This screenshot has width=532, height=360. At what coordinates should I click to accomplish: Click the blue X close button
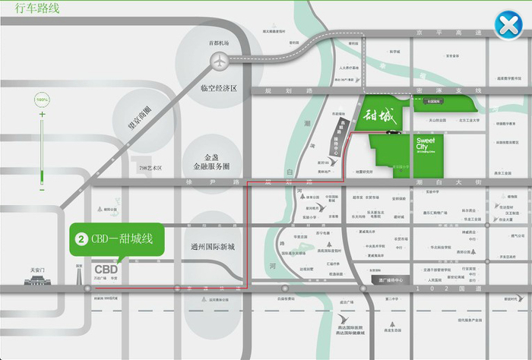[x=507, y=26]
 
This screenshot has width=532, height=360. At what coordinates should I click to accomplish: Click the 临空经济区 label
[x=219, y=88]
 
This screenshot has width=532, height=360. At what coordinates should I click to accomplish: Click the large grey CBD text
[x=106, y=269]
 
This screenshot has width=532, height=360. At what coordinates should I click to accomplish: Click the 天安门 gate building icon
[x=37, y=280]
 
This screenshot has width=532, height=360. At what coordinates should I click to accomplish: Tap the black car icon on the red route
[x=391, y=132]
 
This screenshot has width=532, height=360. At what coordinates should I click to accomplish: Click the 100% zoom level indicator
[x=43, y=100]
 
